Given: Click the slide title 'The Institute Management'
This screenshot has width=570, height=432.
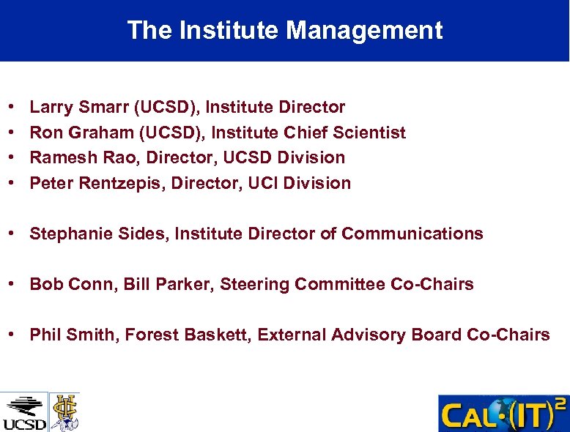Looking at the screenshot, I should pos(284,30).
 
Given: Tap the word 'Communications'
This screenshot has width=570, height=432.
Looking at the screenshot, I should pos(412,234).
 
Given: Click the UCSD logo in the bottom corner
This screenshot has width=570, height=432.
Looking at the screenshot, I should pos(24,412).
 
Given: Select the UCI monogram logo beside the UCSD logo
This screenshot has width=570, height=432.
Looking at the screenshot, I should pos(64,411).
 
